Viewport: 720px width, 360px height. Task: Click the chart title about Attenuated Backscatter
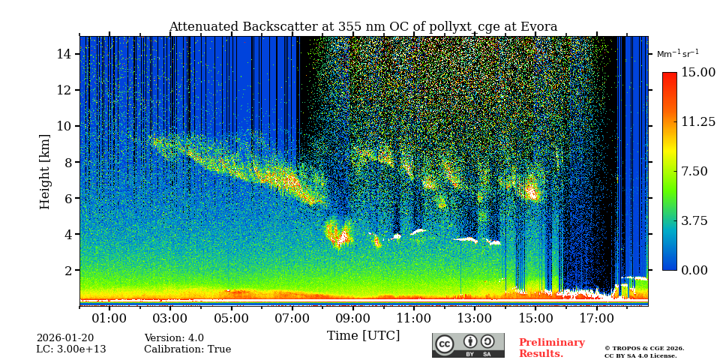click(x=363, y=27)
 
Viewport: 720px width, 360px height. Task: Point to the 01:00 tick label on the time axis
click(x=109, y=318)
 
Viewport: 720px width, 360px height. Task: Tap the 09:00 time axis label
click(x=353, y=318)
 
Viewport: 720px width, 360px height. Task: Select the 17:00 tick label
click(x=597, y=318)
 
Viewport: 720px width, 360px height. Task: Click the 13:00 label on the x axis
click(x=475, y=318)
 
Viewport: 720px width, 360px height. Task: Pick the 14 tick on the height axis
click(x=64, y=54)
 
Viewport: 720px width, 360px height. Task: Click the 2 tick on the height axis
click(x=67, y=270)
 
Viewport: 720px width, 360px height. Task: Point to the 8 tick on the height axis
click(x=67, y=162)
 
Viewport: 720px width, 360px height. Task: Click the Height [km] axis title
click(x=46, y=171)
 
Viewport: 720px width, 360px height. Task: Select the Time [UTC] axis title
click(x=364, y=335)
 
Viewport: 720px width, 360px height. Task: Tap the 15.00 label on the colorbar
click(x=697, y=72)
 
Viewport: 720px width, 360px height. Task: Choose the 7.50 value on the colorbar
click(x=694, y=171)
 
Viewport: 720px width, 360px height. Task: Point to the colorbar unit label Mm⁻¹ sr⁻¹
click(x=677, y=54)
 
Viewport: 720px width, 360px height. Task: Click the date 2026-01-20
click(x=65, y=338)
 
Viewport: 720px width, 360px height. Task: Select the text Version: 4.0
click(x=174, y=338)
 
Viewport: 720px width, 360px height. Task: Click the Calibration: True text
click(x=187, y=349)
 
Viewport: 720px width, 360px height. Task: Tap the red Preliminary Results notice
click(x=551, y=348)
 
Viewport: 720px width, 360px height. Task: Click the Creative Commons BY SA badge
click(x=468, y=345)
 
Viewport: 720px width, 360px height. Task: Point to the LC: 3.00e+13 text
click(x=71, y=349)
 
